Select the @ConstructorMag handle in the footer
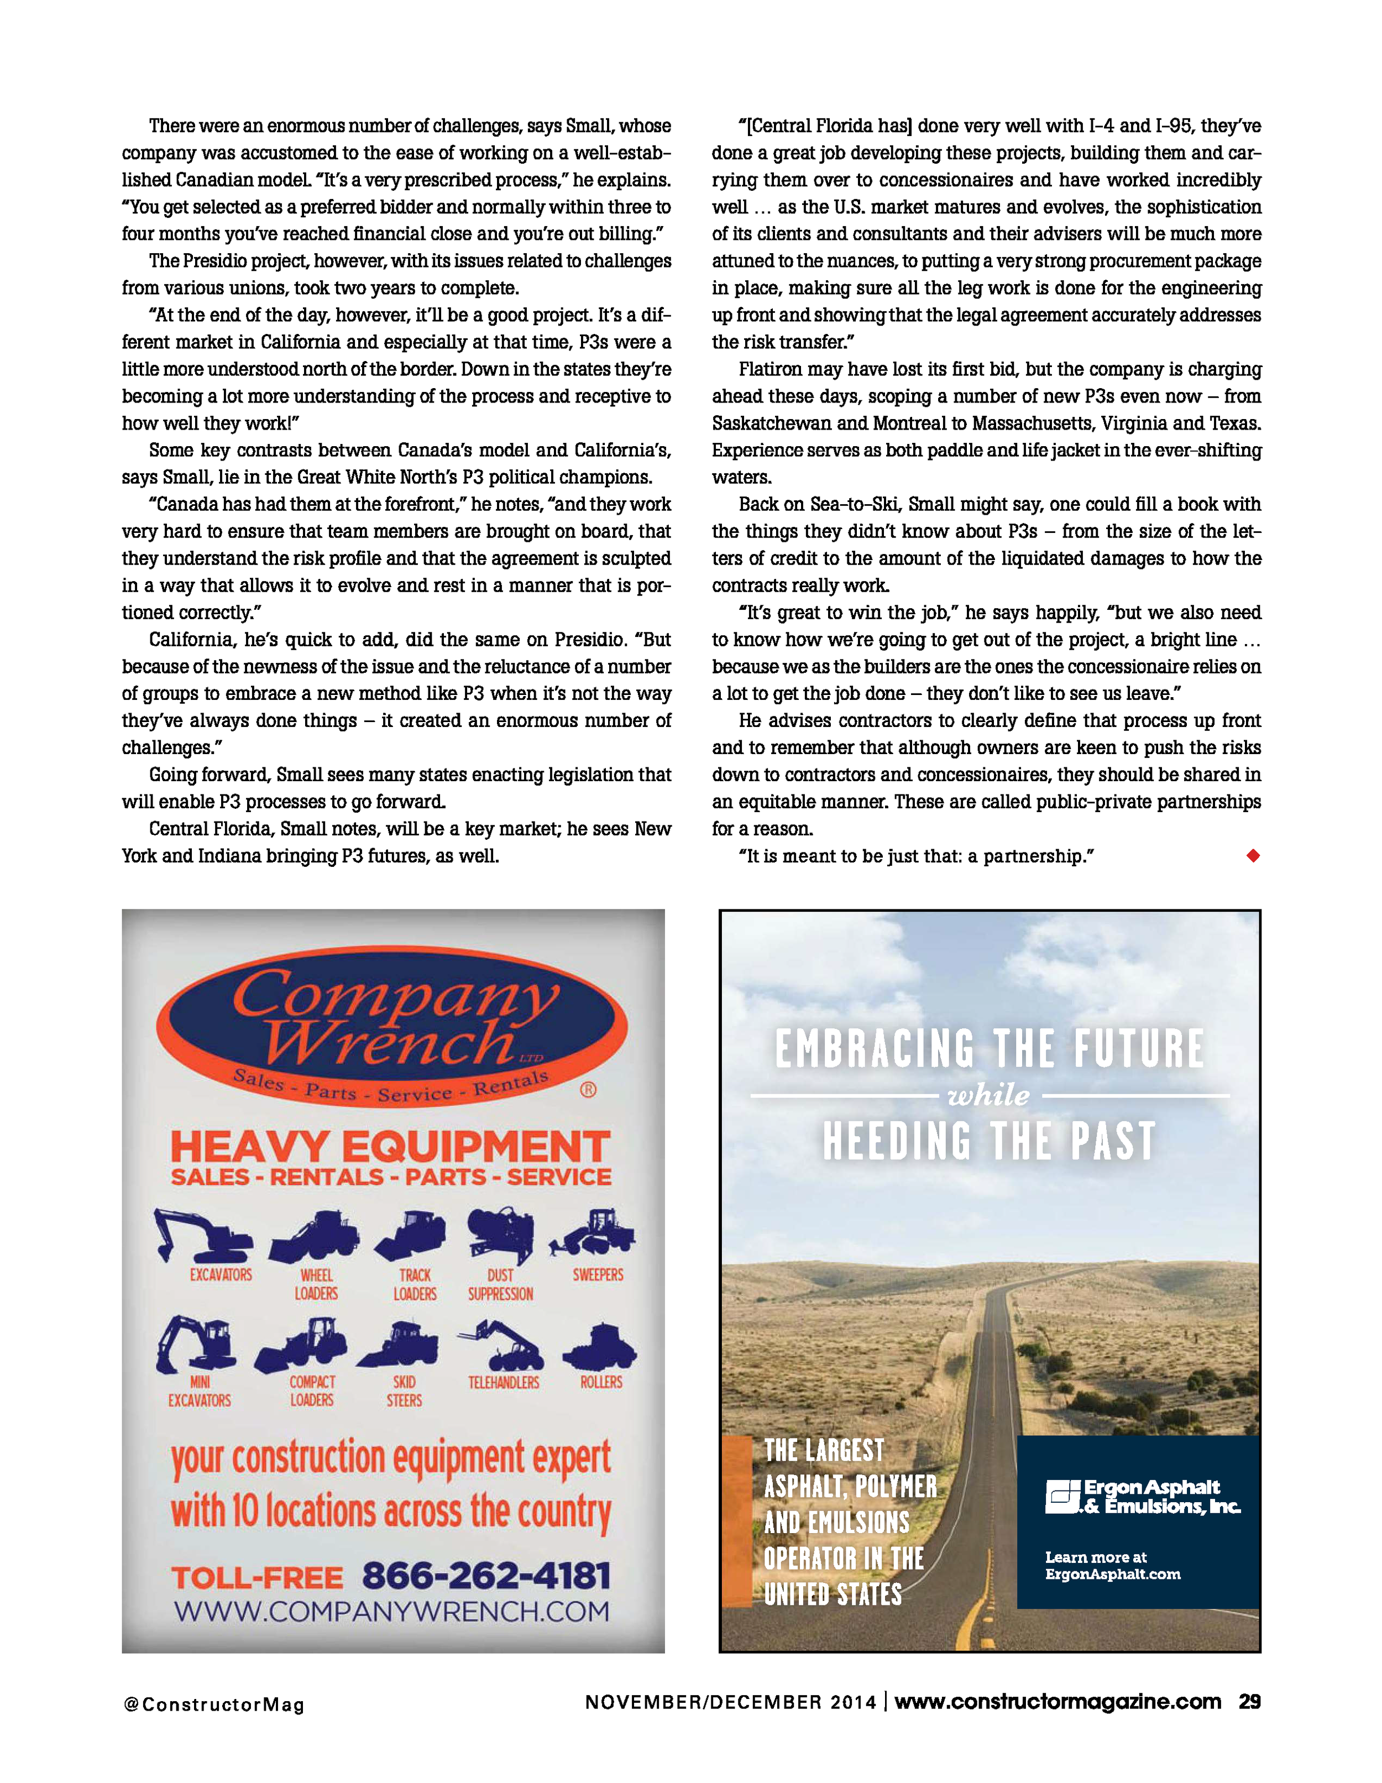tap(214, 1704)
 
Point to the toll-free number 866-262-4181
tap(486, 1576)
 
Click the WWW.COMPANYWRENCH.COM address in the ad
tap(392, 1612)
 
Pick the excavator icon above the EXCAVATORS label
tap(202, 1235)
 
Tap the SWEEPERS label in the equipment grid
tap(598, 1274)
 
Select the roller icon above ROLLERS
tap(600, 1347)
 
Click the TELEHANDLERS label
tap(504, 1382)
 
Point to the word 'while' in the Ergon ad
tap(988, 1095)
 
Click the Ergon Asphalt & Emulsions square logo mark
tap(1062, 1497)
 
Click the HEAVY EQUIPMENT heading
tap(390, 1146)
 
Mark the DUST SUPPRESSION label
tap(500, 1284)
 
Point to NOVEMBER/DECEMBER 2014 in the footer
tap(731, 1702)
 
